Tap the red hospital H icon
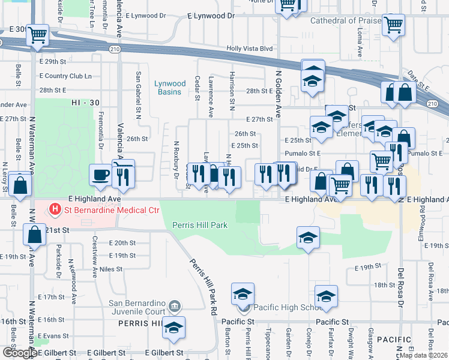(x=55, y=209)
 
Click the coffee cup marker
(x=100, y=175)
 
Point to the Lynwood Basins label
(x=170, y=88)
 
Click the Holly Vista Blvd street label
(x=250, y=49)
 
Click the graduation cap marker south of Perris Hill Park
(x=308, y=238)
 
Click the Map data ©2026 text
(x=423, y=355)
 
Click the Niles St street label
(x=110, y=269)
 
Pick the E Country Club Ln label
(x=65, y=76)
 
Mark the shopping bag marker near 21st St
(x=35, y=235)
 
